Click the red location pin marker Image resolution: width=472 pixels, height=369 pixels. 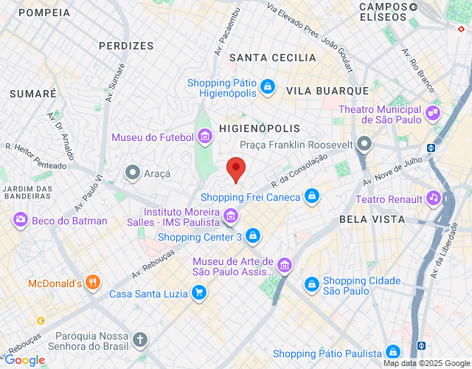click(235, 169)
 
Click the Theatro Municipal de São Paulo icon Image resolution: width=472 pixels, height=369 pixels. click(433, 115)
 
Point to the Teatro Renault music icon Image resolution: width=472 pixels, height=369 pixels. click(434, 199)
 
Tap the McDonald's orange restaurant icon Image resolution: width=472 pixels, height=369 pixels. click(92, 283)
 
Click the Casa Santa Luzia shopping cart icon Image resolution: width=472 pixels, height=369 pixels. click(198, 294)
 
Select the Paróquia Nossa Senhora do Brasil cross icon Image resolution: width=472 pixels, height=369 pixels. click(140, 340)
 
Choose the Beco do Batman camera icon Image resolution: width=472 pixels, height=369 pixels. click(20, 220)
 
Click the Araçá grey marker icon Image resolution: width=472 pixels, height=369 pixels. click(132, 173)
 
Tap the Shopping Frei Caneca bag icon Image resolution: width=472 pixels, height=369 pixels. click(312, 196)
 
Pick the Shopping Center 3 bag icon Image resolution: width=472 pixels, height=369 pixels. click(253, 236)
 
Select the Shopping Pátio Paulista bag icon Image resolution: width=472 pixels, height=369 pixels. click(393, 353)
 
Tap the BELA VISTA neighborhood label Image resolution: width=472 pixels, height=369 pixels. click(372, 219)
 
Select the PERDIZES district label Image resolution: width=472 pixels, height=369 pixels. click(126, 46)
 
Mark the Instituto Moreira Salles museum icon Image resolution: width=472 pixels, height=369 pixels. click(232, 215)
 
